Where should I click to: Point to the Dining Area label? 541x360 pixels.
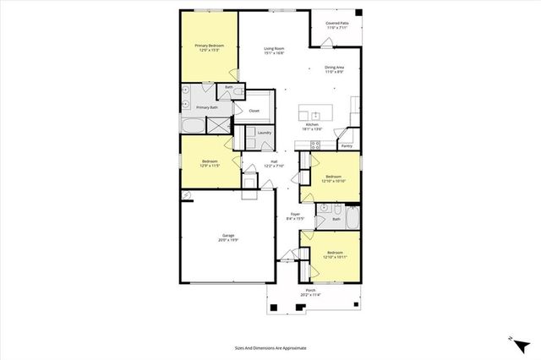point(334,69)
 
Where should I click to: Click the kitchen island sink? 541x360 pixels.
point(316,115)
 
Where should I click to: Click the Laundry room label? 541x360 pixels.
point(264,133)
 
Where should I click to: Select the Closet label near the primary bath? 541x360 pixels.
point(254,111)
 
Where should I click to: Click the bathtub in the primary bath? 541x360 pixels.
point(194,126)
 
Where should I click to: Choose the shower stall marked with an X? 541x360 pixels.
point(218,125)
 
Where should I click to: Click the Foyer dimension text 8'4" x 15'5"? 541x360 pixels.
point(295,219)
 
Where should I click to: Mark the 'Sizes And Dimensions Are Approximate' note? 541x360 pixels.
point(270,347)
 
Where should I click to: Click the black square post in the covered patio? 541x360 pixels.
point(358,14)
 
